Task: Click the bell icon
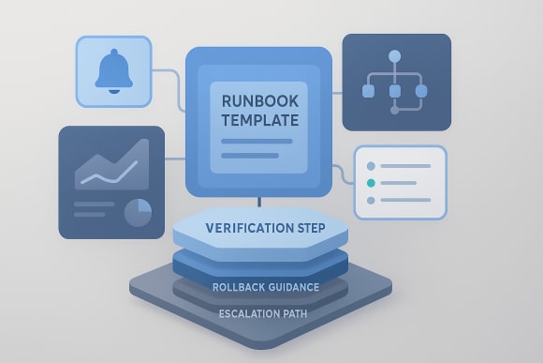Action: point(111,71)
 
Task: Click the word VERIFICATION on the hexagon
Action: point(235,228)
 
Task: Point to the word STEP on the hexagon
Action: point(316,228)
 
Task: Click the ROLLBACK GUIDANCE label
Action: point(266,286)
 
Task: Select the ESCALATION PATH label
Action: point(266,313)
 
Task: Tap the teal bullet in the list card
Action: point(373,183)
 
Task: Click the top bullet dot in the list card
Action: point(373,166)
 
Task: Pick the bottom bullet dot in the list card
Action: point(373,200)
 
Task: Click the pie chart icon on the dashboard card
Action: point(138,212)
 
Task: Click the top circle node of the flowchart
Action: point(394,56)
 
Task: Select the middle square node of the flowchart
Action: point(394,91)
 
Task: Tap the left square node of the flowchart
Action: point(368,91)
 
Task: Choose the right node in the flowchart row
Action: point(421,91)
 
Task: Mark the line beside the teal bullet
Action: point(405,183)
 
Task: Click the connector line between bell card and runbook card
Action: point(169,70)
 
